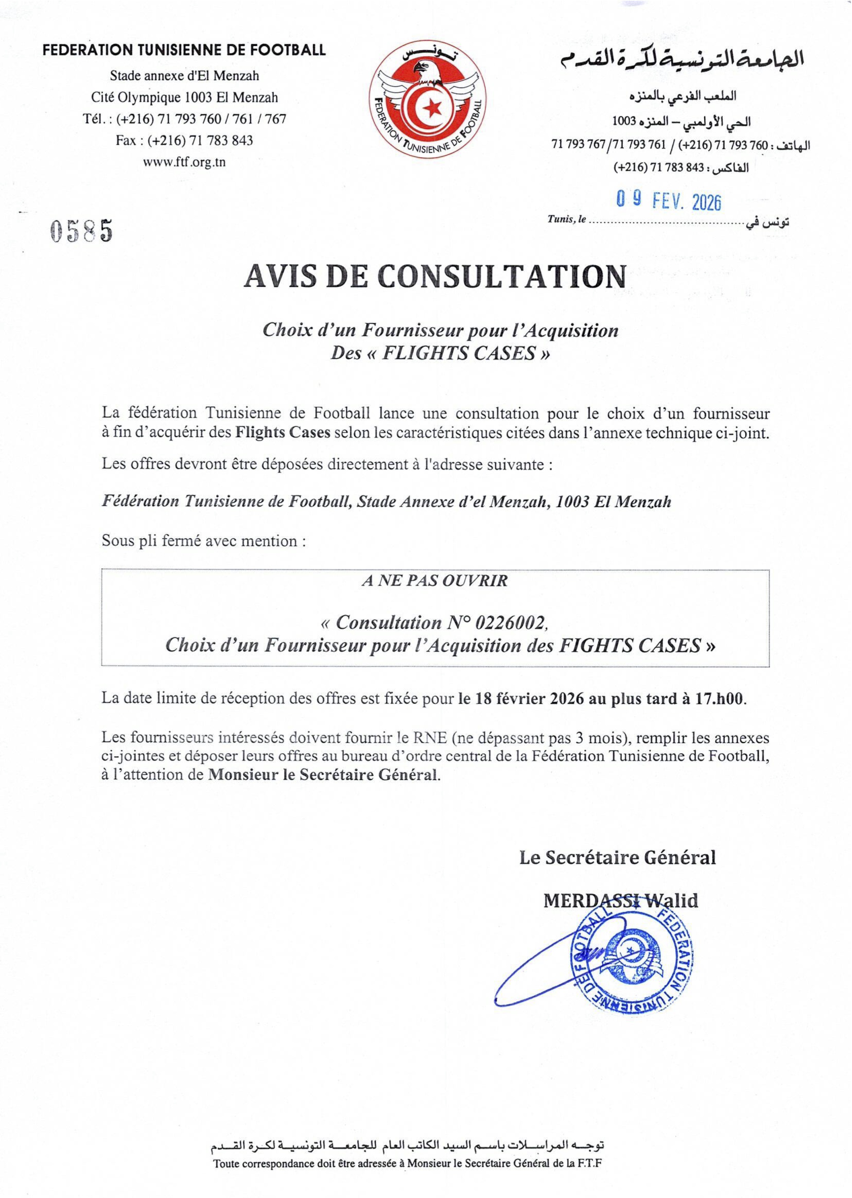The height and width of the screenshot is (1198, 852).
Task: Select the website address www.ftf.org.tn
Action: click(184, 162)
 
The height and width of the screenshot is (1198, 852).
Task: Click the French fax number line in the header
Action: click(184, 141)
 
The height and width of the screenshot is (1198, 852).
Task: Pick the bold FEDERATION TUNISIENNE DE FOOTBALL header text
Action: click(184, 50)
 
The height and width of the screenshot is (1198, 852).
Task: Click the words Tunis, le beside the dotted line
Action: click(567, 220)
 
